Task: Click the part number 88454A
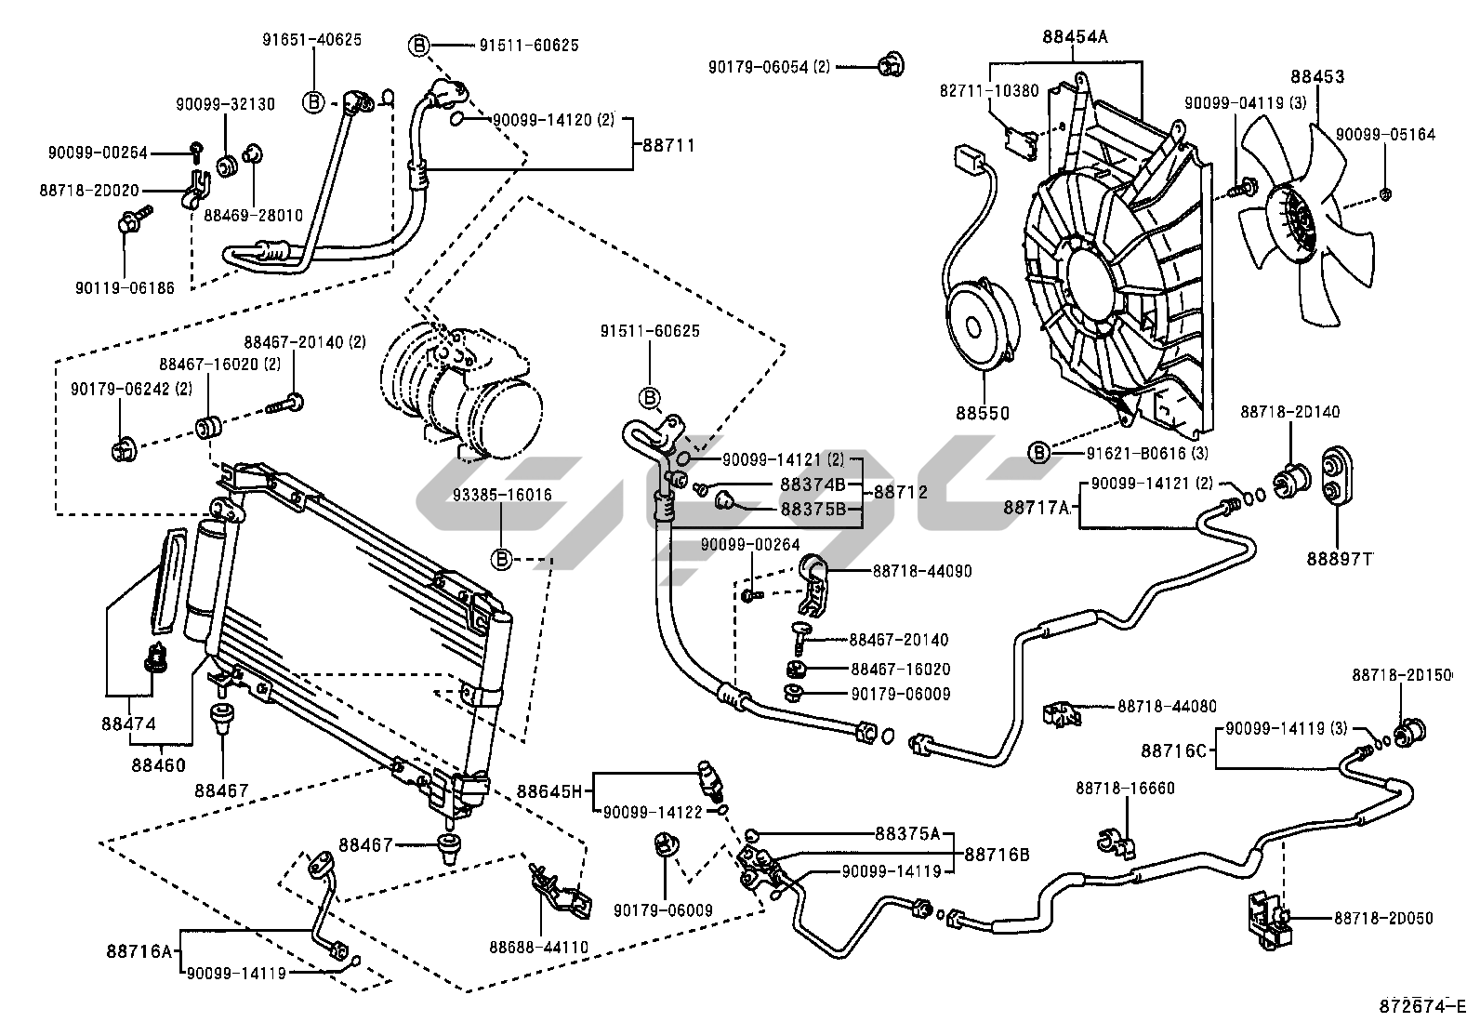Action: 1075,37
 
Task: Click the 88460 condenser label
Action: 158,765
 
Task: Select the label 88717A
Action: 1037,508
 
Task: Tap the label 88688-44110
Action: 539,948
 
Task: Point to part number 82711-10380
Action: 988,90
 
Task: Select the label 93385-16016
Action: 502,495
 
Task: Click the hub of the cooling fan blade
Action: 1293,221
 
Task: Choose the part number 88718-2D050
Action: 1383,918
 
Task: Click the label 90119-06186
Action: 125,288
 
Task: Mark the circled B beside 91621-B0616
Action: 1039,453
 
